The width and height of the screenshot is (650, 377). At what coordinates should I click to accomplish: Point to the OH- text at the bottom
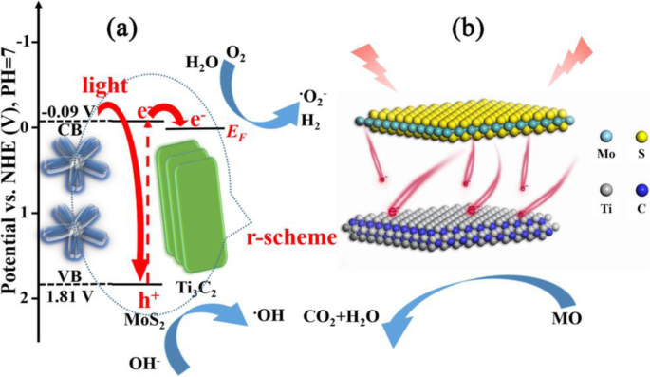(x=146, y=359)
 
